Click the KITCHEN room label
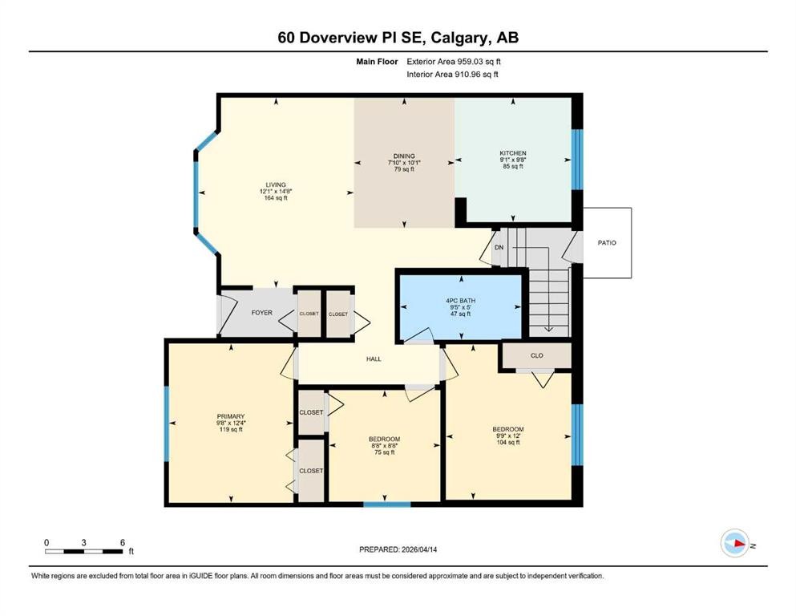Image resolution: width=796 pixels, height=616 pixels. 512,153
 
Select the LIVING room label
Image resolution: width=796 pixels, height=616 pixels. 273,184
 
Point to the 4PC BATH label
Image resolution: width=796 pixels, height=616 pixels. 459,300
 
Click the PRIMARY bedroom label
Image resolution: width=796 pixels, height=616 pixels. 230,416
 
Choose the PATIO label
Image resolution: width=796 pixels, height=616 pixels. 607,242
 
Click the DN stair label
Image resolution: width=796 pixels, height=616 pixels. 499,248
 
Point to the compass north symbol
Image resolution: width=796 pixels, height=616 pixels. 735,543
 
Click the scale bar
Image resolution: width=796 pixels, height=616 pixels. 84,551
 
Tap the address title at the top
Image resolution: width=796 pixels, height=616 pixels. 398,38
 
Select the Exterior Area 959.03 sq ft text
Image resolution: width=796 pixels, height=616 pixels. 457,61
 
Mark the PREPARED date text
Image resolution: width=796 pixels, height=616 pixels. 398,549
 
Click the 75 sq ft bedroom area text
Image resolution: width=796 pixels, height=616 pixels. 384,452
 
